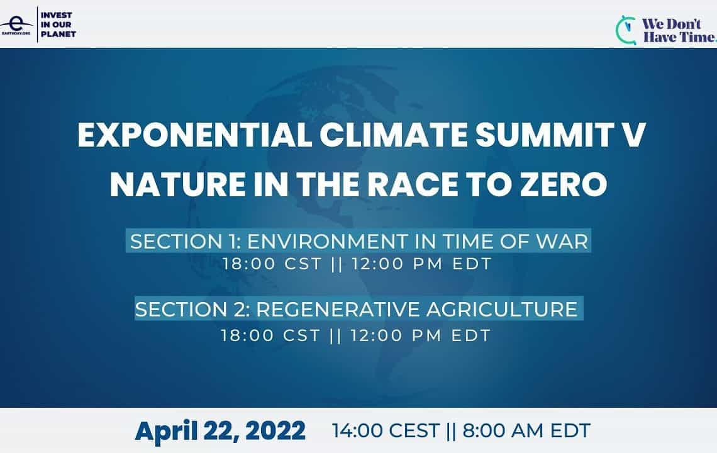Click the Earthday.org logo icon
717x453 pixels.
[16, 25]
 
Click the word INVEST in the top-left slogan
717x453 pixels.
[56, 15]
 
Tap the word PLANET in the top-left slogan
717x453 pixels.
[58, 34]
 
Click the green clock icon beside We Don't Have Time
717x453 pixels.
[626, 30]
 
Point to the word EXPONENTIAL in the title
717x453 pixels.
[195, 135]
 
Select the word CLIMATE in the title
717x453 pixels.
[394, 135]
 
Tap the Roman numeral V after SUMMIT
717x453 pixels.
[632, 135]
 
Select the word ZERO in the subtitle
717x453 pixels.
[564, 184]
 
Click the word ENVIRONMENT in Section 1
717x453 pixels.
[327, 242]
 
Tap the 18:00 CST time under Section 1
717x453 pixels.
[272, 264]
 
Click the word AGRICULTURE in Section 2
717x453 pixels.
[502, 310]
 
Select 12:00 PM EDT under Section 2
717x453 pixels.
[421, 335]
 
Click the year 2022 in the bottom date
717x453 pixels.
[275, 430]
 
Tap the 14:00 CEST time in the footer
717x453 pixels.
[386, 430]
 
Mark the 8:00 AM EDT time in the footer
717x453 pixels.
[526, 430]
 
